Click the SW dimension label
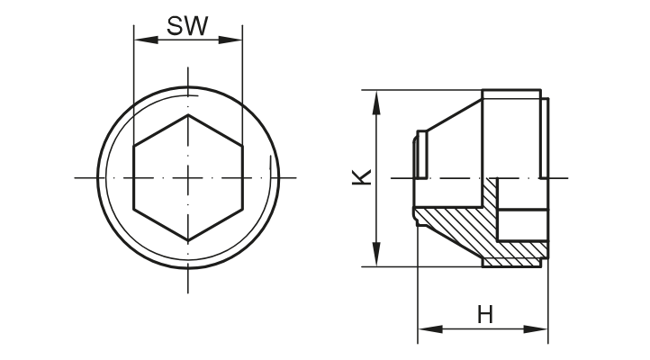click(187, 26)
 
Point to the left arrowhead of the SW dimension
click(140, 39)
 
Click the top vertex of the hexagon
click(187, 115)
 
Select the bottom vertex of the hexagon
click(187, 240)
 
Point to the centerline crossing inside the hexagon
click(187, 177)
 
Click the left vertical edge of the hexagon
click(133, 177)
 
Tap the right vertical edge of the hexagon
click(242, 177)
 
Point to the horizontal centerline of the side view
click(450, 179)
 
